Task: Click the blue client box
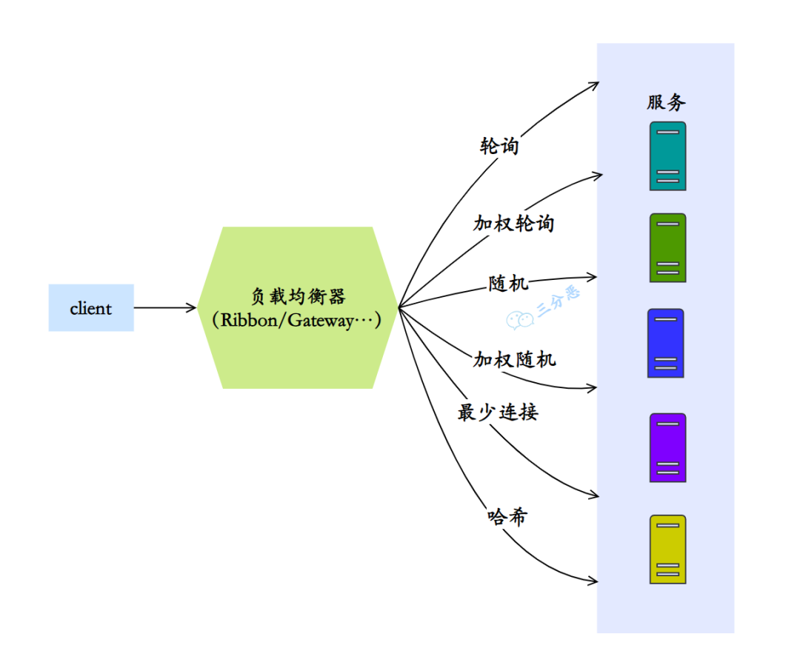coord(91,307)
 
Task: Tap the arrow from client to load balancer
coord(164,307)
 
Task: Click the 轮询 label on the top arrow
coord(499,146)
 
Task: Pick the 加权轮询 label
coord(513,222)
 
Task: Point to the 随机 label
coord(508,283)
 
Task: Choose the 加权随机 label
coord(514,360)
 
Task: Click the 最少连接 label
coord(498,413)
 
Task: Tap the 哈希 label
coord(507,516)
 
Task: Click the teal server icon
coord(667,156)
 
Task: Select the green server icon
coord(667,247)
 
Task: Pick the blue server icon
coord(665,343)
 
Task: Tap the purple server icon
coord(667,447)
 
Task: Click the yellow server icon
coord(667,549)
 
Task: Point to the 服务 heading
coord(666,102)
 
